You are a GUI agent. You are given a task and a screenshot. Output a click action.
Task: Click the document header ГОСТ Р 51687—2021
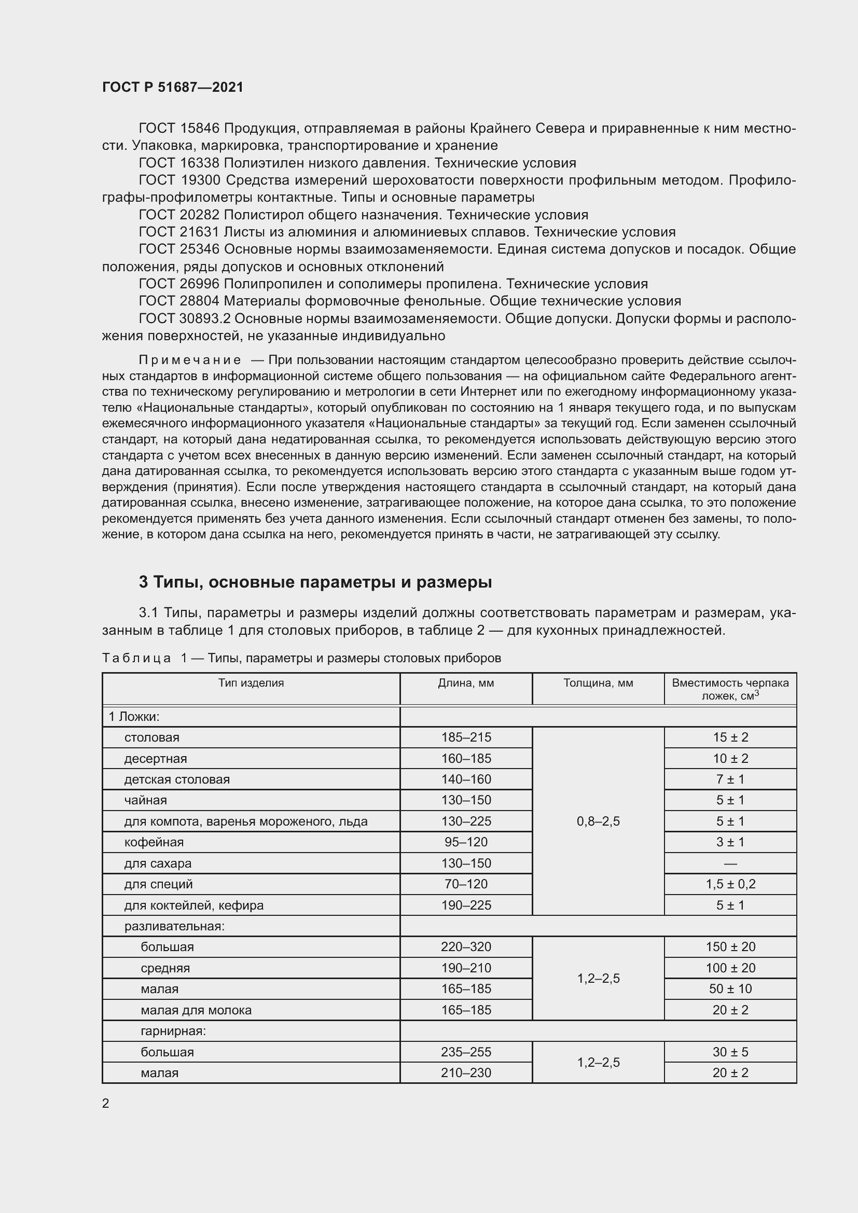(x=173, y=87)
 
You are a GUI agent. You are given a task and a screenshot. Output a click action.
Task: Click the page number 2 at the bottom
(x=106, y=1103)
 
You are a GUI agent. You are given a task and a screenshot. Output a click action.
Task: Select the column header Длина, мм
(x=465, y=682)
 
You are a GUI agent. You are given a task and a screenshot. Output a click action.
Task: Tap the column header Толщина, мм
(x=598, y=682)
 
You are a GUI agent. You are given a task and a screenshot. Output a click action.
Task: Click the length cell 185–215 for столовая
(x=465, y=737)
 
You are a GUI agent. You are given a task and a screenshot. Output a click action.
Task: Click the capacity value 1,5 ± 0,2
(x=730, y=884)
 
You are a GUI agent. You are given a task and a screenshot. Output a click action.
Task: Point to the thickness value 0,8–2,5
(x=598, y=821)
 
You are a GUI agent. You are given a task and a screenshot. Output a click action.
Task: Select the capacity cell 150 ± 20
(x=730, y=947)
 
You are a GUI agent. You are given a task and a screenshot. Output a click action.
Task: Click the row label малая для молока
(x=196, y=1010)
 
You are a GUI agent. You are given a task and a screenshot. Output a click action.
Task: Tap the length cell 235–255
(x=465, y=1052)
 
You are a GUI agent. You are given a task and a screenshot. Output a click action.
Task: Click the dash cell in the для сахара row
(x=730, y=863)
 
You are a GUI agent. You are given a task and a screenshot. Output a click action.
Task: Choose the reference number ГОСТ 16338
(x=179, y=163)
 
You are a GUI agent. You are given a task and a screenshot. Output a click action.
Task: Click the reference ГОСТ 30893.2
(x=185, y=318)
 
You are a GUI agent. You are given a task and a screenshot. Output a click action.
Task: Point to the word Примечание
(x=190, y=360)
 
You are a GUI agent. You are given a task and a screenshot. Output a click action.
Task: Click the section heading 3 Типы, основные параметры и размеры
(x=315, y=582)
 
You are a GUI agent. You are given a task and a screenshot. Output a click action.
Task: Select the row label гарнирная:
(x=173, y=1031)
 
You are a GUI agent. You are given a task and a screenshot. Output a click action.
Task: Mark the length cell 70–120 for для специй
(x=465, y=884)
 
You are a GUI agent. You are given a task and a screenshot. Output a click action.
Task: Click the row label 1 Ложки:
(x=134, y=716)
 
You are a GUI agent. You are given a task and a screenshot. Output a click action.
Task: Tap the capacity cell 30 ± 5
(x=730, y=1052)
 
